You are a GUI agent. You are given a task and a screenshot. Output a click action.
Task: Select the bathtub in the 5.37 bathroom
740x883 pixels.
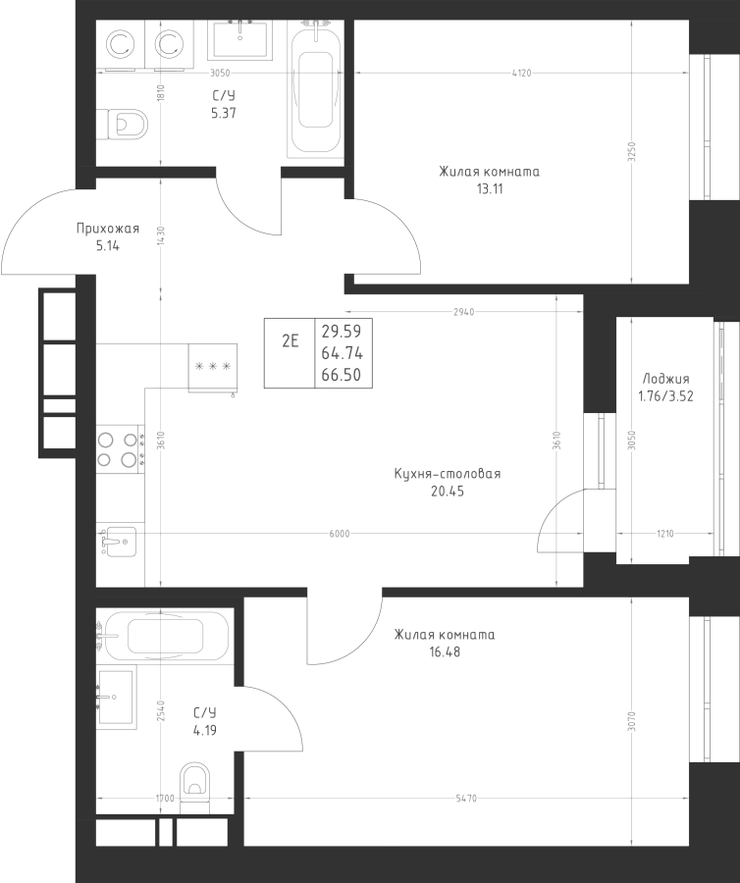[314, 89]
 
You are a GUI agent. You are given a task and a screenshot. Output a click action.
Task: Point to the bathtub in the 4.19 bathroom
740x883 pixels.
[165, 636]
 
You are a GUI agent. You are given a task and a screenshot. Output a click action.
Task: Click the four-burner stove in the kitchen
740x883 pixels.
[120, 449]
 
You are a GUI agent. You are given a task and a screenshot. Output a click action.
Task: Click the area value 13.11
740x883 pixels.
[490, 189]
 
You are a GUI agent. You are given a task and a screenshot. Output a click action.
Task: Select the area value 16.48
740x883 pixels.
[445, 652]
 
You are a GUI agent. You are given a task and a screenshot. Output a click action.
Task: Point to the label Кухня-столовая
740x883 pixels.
[448, 474]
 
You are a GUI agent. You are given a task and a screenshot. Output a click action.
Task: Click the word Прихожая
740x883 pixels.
[108, 229]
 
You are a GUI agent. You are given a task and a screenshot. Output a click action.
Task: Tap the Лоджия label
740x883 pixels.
[665, 379]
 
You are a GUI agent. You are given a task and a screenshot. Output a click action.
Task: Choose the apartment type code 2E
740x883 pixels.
[291, 340]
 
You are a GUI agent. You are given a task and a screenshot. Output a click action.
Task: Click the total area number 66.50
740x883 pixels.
[342, 375]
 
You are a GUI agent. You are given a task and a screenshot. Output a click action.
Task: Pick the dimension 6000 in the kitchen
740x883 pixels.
[340, 534]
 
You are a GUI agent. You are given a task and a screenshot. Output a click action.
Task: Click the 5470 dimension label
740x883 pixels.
[466, 798]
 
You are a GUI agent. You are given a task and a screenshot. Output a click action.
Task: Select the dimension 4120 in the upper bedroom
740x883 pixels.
[521, 73]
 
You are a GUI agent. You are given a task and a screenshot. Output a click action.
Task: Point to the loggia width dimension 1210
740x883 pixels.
[665, 534]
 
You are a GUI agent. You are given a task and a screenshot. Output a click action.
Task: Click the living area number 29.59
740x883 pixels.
[342, 331]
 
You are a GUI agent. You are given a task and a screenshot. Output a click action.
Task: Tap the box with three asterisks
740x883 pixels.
[213, 367]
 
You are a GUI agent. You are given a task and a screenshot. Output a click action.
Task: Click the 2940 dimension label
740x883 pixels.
[464, 311]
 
